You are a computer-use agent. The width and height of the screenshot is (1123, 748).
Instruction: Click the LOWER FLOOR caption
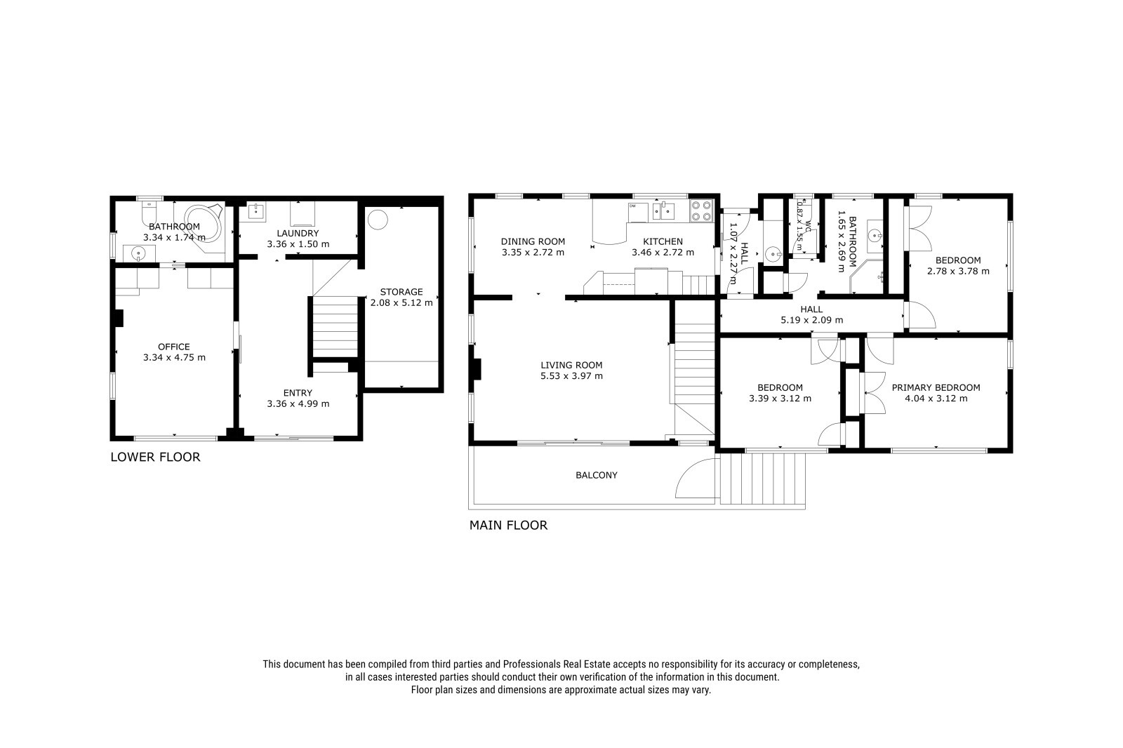(x=155, y=457)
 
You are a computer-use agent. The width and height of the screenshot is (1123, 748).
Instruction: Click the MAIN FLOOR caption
(x=508, y=525)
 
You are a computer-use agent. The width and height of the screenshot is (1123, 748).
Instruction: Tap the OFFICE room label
(x=174, y=347)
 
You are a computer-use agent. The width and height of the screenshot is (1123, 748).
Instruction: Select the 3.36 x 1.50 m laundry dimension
(x=298, y=244)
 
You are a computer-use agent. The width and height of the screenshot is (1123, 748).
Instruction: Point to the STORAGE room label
(x=401, y=292)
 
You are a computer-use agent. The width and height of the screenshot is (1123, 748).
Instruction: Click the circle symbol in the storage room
(x=378, y=220)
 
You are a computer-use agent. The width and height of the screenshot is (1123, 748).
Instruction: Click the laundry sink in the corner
(x=257, y=212)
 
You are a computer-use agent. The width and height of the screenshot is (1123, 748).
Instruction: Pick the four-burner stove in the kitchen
(x=702, y=211)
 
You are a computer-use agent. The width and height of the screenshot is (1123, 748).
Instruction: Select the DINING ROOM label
(x=533, y=241)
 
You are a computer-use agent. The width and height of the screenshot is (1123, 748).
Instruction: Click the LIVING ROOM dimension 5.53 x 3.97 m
(x=571, y=376)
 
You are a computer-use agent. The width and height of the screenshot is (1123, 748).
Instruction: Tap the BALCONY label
(x=597, y=475)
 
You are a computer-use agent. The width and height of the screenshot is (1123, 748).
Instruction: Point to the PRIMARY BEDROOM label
(x=936, y=387)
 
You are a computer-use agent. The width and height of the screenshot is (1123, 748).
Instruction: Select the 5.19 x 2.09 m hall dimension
(x=811, y=320)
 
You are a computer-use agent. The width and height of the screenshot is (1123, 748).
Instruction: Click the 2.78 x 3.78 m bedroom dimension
(x=959, y=272)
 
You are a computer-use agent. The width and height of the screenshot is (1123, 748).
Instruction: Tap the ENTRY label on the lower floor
(x=298, y=393)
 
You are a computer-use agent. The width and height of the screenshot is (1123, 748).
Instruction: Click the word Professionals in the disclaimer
(x=532, y=664)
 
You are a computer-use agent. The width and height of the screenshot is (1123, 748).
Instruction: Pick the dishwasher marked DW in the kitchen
(x=638, y=212)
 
